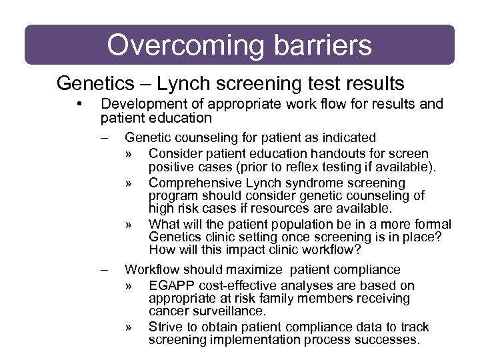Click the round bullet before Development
click(79, 104)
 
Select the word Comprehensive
click(196, 183)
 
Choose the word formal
click(433, 225)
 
